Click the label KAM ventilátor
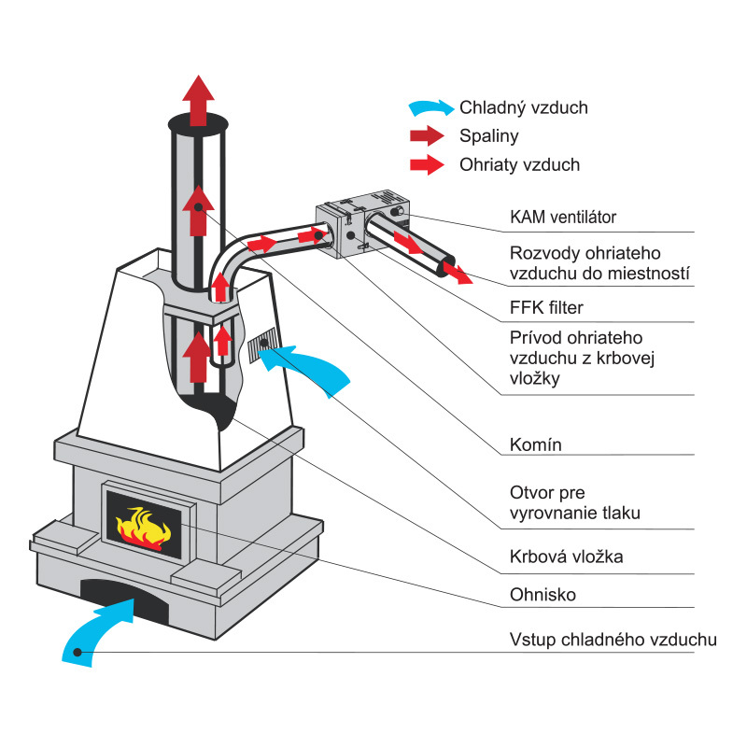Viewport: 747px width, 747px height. click(563, 218)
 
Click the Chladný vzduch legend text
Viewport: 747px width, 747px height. click(523, 107)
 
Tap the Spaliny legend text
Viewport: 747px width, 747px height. click(488, 136)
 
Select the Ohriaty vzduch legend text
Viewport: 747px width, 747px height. click(519, 165)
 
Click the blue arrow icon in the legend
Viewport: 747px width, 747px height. click(430, 107)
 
